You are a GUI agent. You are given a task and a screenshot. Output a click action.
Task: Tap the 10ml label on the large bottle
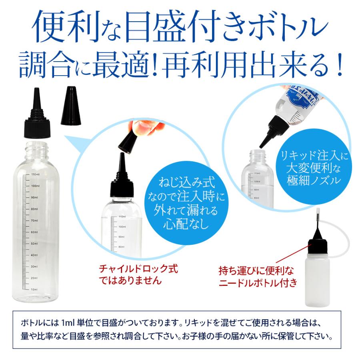[x=34, y=289]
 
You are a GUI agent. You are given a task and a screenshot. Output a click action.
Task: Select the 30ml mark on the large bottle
[x=34, y=266]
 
